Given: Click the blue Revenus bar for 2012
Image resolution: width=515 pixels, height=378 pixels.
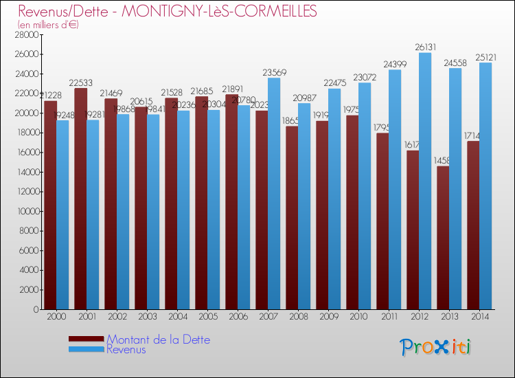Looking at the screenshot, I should click(x=425, y=182).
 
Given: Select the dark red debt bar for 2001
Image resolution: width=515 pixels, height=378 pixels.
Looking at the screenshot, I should click(x=80, y=199).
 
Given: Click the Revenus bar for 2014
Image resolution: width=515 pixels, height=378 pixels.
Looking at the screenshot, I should click(x=485, y=186).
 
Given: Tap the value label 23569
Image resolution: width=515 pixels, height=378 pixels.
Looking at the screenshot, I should click(x=273, y=72).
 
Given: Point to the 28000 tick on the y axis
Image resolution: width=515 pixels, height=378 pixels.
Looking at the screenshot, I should click(x=25, y=34).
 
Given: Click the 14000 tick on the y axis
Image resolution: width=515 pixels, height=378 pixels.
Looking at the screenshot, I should click(x=25, y=172).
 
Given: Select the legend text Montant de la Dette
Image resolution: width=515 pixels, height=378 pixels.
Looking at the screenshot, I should click(x=159, y=340).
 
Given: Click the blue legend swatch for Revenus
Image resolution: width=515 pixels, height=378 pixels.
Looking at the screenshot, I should click(x=87, y=350).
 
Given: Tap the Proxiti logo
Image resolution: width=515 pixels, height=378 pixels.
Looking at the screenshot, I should click(x=436, y=346).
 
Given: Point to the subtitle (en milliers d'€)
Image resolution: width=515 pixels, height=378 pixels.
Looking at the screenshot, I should click(x=49, y=25).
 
